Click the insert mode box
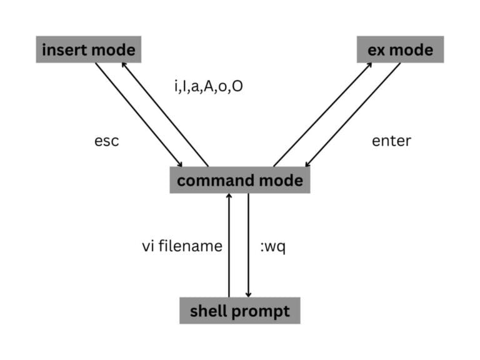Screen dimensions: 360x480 point(88,49)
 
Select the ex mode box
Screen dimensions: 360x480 point(400,49)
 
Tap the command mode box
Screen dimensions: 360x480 point(240,181)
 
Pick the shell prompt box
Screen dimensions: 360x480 point(240,311)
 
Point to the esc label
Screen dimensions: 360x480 point(106,141)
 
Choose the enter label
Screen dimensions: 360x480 point(391,141)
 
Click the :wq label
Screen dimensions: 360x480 point(272,246)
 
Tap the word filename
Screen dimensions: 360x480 point(191,246)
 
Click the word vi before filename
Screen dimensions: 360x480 point(148,246)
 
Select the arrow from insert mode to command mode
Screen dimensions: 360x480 point(139,115)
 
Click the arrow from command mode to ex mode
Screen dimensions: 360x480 point(322,115)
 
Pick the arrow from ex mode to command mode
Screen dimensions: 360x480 point(352,115)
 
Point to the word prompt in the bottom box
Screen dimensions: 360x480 point(265,311)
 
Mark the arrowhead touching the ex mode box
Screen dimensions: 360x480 point(370,65)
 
